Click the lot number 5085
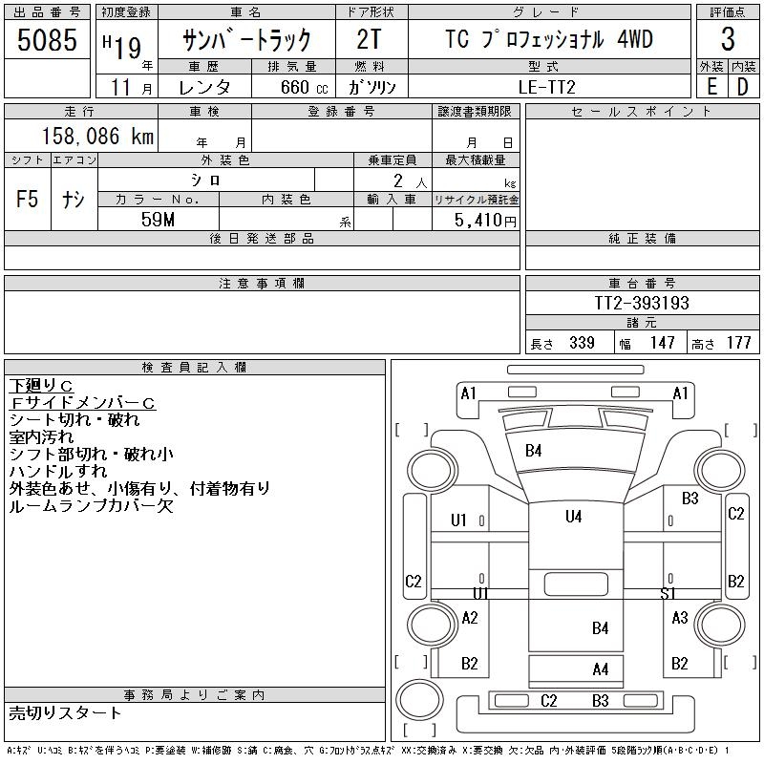pos(47,39)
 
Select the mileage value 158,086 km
pos(97,136)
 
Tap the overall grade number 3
pos(728,39)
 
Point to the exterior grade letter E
pos(711,87)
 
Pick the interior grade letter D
pos(743,87)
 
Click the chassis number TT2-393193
pos(642,303)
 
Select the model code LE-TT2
pos(547,87)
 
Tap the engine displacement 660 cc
pos(304,87)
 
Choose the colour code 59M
pos(158,220)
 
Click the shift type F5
pos(28,199)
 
